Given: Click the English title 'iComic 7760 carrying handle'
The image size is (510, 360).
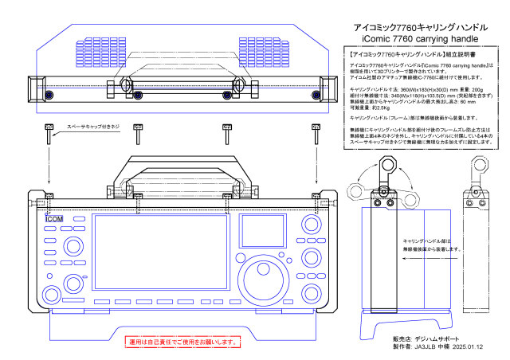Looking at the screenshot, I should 420,38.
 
